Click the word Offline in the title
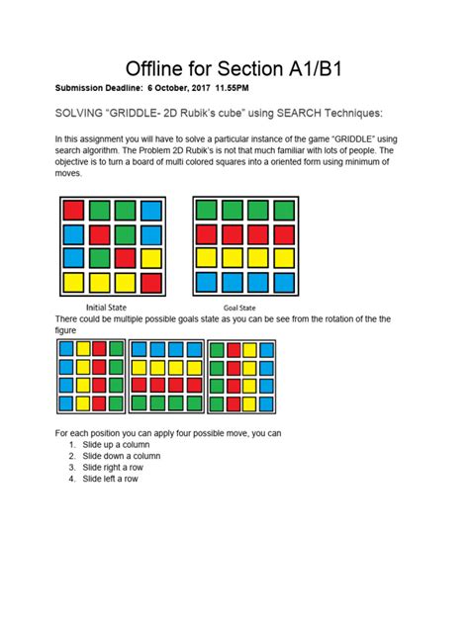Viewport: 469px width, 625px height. click(x=159, y=70)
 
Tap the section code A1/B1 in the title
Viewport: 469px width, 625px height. click(x=310, y=70)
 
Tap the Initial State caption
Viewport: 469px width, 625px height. click(x=111, y=308)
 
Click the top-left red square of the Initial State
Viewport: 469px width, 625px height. click(x=73, y=211)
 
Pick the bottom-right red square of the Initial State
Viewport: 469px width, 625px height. click(x=150, y=283)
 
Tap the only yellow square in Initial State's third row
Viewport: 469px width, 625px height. click(x=150, y=259)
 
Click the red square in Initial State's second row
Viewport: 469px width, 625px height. click(x=99, y=235)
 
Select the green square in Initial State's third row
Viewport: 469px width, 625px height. click(x=99, y=259)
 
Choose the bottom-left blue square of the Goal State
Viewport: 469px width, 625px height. click(x=205, y=283)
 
